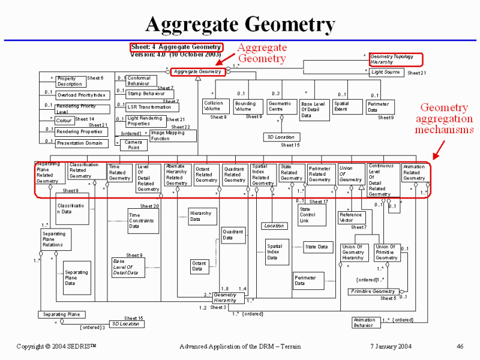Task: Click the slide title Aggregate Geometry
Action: pyautogui.click(x=240, y=25)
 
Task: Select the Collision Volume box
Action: pyautogui.click(x=213, y=106)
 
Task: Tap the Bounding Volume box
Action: pyautogui.click(x=245, y=106)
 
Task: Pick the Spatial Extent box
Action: pyautogui.click(x=341, y=106)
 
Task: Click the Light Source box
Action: pyautogui.click(x=385, y=72)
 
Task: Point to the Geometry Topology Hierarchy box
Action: pyautogui.click(x=395, y=59)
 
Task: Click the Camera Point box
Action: pyautogui.click(x=133, y=145)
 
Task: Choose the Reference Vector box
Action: pyautogui.click(x=350, y=217)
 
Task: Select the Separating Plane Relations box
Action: pyautogui.click(x=53, y=239)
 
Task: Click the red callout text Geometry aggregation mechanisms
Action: pyautogui.click(x=444, y=118)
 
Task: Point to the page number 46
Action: pyautogui.click(x=460, y=346)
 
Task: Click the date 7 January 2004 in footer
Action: pyautogui.click(x=389, y=346)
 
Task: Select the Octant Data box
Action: pyautogui.click(x=199, y=266)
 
